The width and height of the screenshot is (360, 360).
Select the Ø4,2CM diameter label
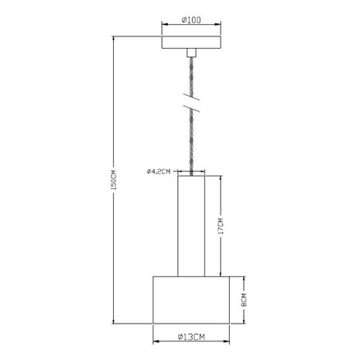158,171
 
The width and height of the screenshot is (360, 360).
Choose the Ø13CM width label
190,338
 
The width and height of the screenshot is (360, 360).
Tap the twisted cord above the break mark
190,77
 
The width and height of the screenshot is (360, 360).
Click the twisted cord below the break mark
190,143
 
